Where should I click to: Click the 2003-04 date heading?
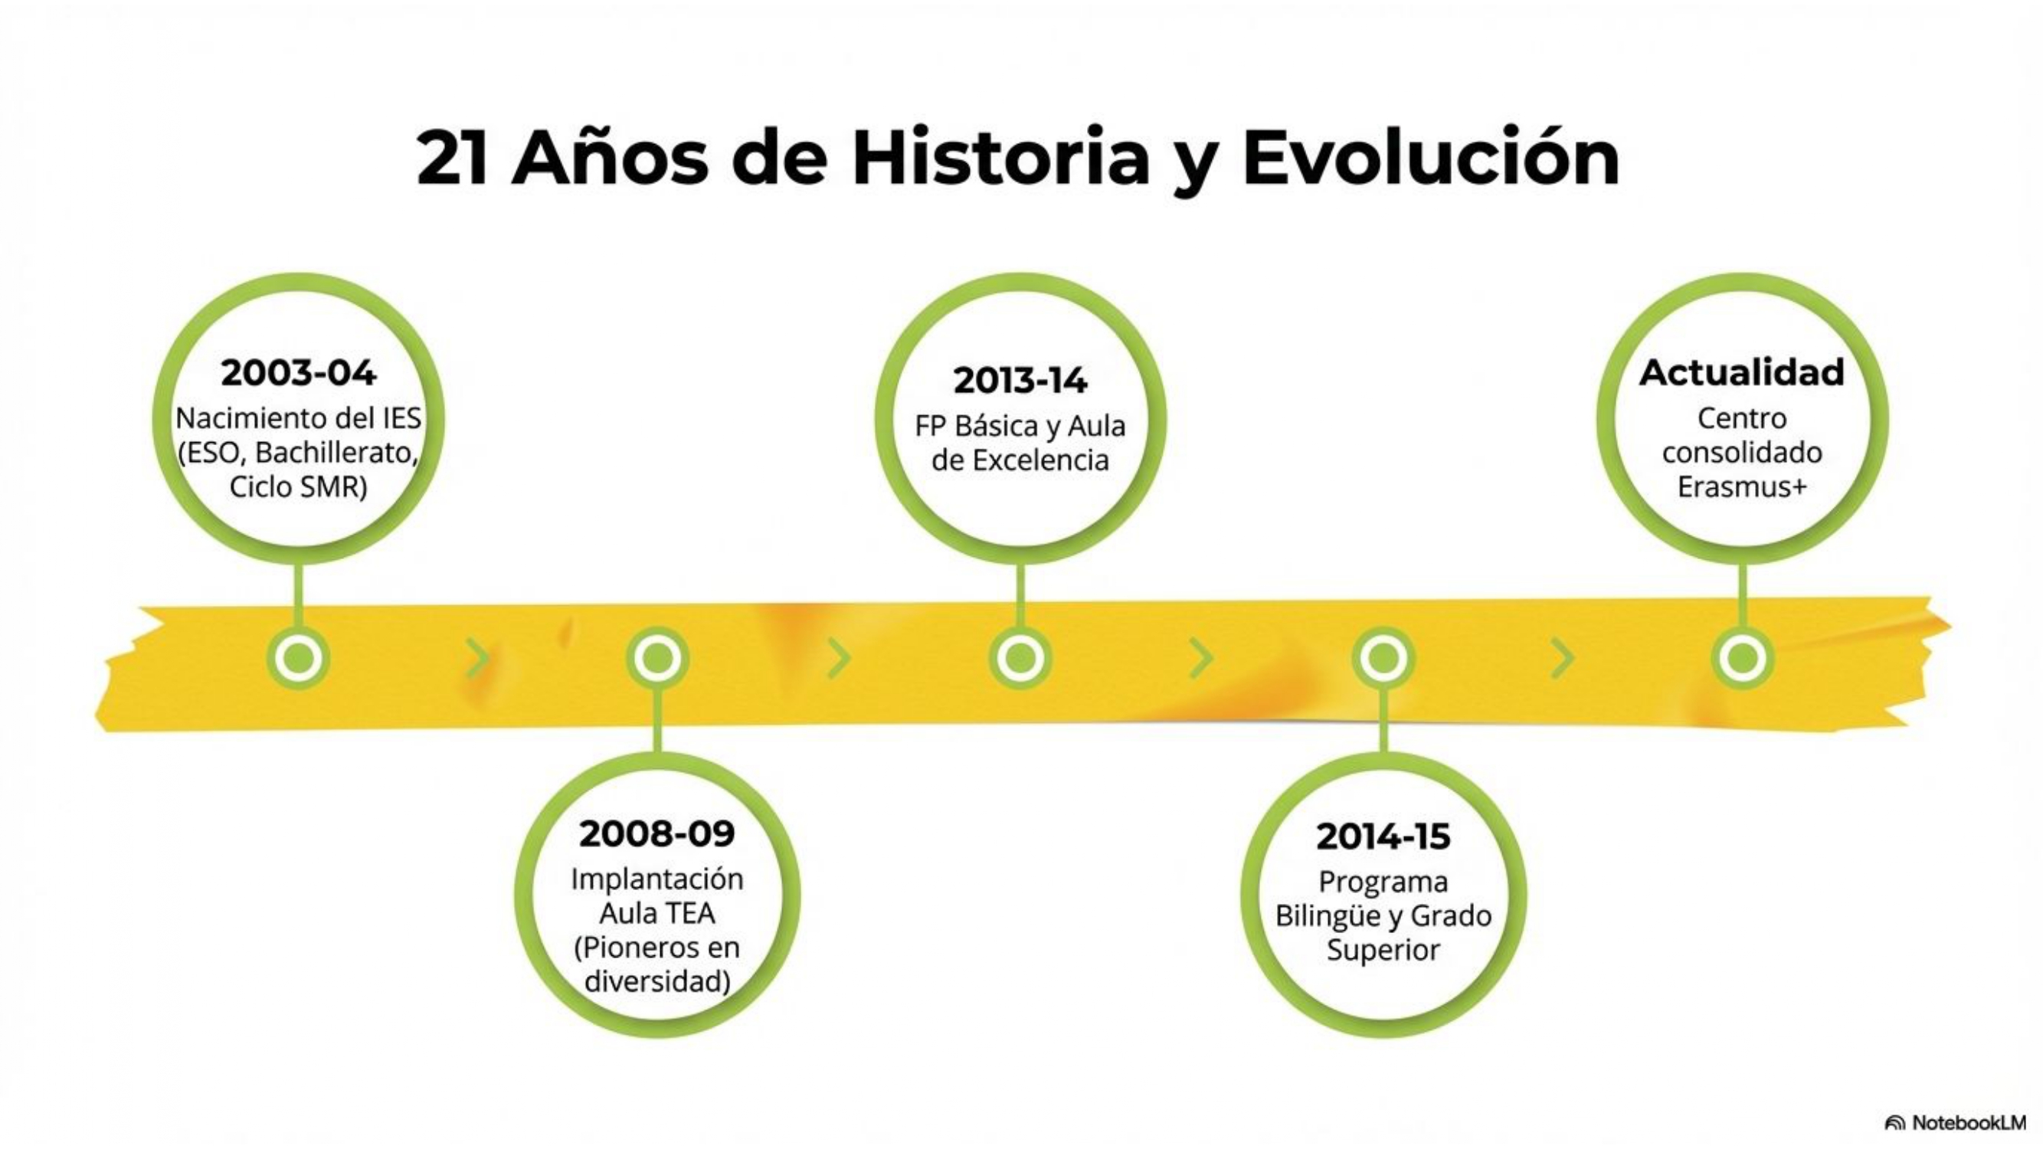point(298,374)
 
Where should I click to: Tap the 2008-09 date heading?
point(656,833)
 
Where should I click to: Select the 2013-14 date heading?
point(1020,381)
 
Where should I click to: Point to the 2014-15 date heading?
point(1383,836)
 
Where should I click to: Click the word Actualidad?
point(1742,373)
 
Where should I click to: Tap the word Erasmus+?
point(1742,486)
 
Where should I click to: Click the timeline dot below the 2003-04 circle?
point(298,657)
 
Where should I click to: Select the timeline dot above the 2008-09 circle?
point(656,658)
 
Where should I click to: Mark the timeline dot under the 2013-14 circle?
point(1020,657)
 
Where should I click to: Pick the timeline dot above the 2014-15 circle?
point(1383,658)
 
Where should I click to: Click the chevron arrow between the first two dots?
point(476,658)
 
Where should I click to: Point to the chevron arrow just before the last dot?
point(1562,658)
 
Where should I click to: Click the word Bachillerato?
point(337,453)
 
